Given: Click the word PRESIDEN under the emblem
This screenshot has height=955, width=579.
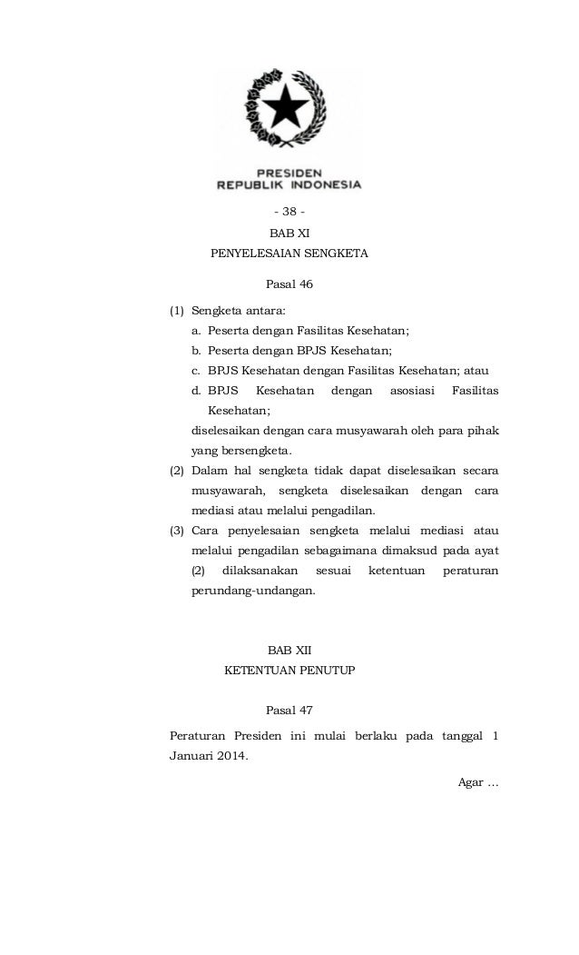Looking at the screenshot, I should pyautogui.click(x=289, y=171).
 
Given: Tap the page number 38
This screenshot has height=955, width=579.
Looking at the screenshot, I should pyautogui.click(x=289, y=213).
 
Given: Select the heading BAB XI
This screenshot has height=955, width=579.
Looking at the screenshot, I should pyautogui.click(x=289, y=234).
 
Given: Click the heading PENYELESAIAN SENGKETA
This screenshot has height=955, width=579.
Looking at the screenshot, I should pyautogui.click(x=289, y=254).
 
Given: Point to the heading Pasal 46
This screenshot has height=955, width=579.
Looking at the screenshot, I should pyautogui.click(x=289, y=284).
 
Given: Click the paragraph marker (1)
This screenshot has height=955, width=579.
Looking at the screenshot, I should pyautogui.click(x=178, y=311).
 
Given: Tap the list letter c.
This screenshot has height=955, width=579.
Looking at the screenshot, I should pyautogui.click(x=196, y=370).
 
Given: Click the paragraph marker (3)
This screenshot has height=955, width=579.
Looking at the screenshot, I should pyautogui.click(x=178, y=530).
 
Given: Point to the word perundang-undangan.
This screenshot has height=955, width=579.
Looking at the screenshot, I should pyautogui.click(x=253, y=590).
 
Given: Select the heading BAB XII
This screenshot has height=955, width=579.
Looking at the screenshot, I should pyautogui.click(x=289, y=652).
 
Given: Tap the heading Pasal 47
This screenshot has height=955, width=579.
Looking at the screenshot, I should pyautogui.click(x=289, y=710).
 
